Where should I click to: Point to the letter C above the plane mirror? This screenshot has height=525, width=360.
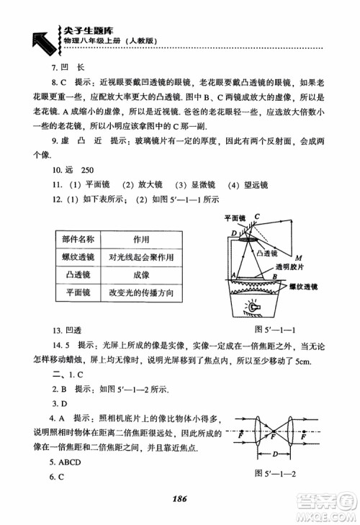point(256,215)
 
